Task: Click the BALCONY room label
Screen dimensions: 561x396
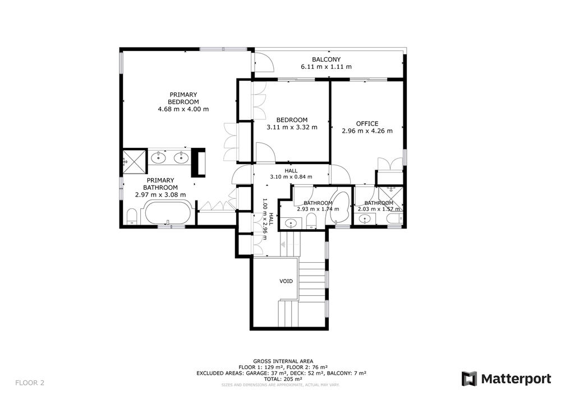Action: pyautogui.click(x=326, y=59)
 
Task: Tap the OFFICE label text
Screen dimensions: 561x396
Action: pyautogui.click(x=367, y=124)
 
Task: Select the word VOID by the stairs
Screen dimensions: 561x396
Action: pyautogui.click(x=286, y=281)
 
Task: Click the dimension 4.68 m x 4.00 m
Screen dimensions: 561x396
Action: pyautogui.click(x=183, y=109)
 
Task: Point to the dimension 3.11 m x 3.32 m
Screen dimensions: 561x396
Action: pyautogui.click(x=292, y=127)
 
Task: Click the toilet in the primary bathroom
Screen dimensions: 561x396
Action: pyautogui.click(x=132, y=216)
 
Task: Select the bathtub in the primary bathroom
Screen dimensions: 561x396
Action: pyautogui.click(x=167, y=213)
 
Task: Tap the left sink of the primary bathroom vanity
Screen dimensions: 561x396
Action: pyautogui.click(x=158, y=157)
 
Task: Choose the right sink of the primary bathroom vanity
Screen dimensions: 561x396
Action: pyautogui.click(x=181, y=157)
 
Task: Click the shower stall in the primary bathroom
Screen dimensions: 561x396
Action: pyautogui.click(x=134, y=162)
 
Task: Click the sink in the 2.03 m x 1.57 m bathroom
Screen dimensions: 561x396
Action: pyautogui.click(x=365, y=218)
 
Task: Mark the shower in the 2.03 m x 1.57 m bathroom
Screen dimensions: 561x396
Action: pyautogui.click(x=390, y=198)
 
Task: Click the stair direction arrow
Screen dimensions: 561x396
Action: pyautogui.click(x=283, y=245)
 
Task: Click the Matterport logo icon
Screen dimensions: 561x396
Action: pyautogui.click(x=469, y=379)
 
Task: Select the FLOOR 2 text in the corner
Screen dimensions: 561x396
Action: pyautogui.click(x=30, y=383)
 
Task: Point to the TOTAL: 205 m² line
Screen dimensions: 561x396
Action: pyautogui.click(x=283, y=379)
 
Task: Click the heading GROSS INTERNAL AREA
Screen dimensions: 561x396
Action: pyautogui.click(x=283, y=361)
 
